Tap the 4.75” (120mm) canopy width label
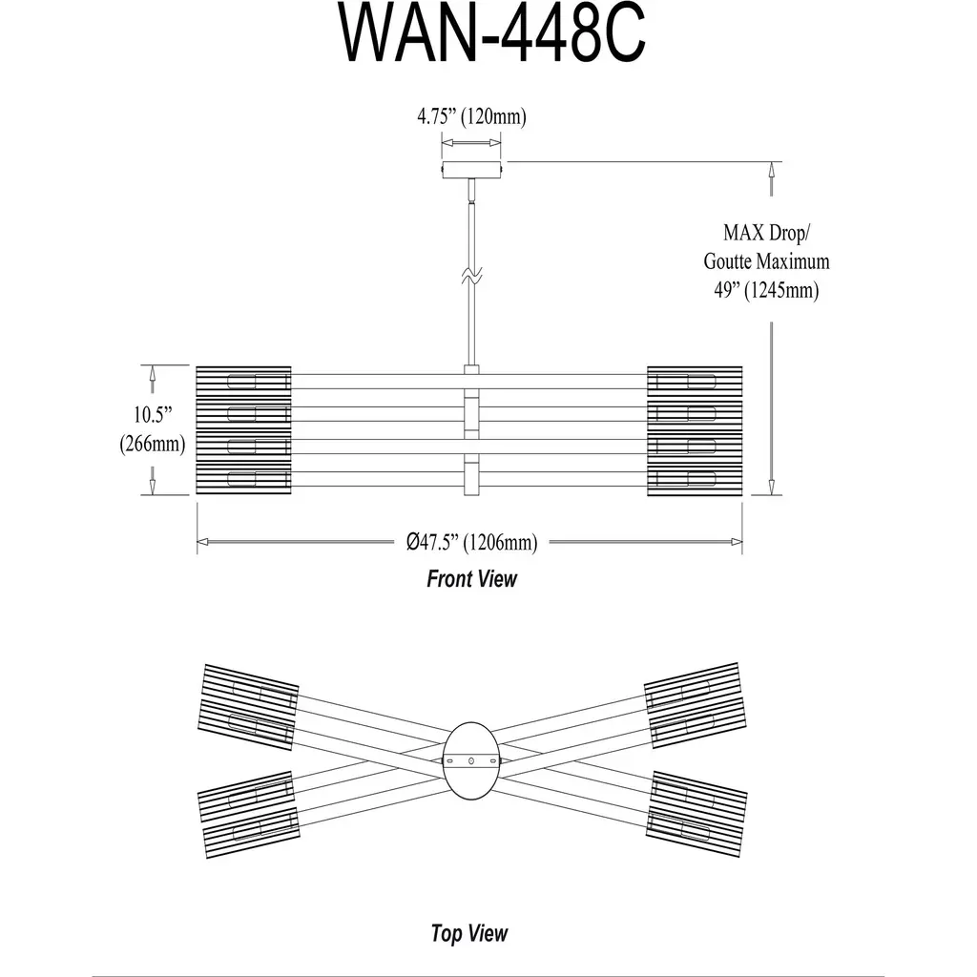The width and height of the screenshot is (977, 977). [471, 117]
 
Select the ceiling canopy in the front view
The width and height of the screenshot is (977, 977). [471, 169]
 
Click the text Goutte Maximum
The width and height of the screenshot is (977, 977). [766, 260]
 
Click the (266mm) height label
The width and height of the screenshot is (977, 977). [152, 444]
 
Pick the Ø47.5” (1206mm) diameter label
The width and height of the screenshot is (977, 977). [471, 543]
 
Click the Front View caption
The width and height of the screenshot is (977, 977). [471, 578]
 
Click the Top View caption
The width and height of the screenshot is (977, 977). [469, 933]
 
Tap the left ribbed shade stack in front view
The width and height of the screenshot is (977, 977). [243, 430]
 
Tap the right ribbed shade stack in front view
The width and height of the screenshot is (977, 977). [695, 430]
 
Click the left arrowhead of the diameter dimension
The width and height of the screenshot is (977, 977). [202, 542]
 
